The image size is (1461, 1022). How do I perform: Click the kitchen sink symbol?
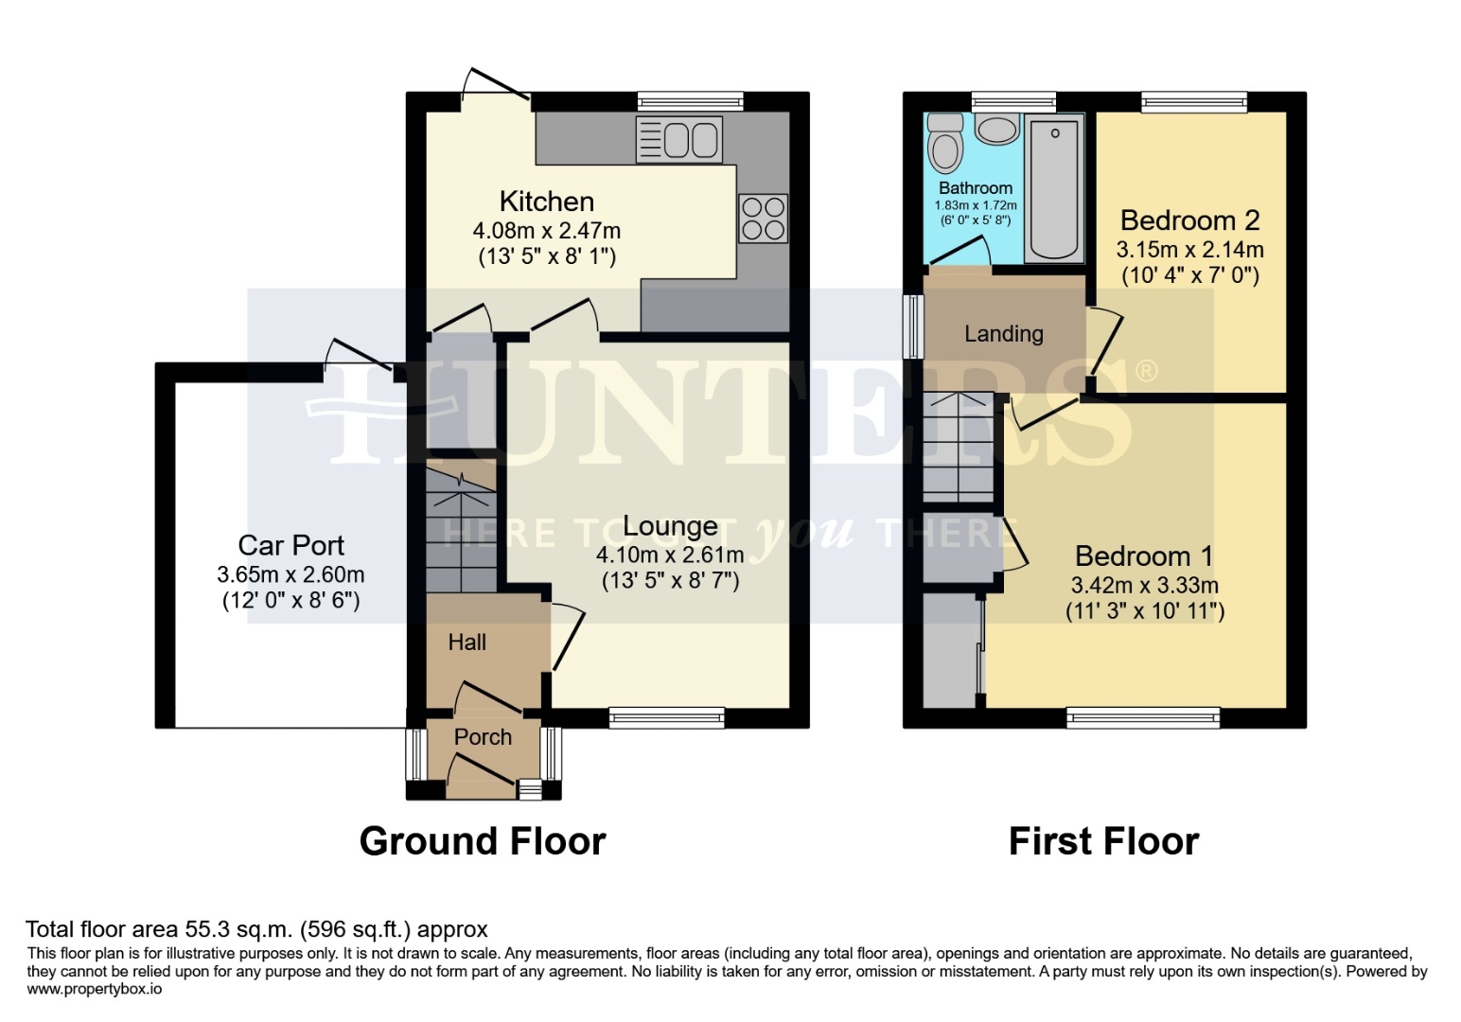(679, 140)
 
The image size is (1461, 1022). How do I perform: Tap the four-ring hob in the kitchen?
(763, 219)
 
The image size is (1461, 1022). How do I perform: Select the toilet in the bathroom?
(944, 142)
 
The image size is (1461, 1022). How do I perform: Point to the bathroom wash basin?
(996, 128)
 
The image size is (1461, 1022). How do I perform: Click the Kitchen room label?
(546, 202)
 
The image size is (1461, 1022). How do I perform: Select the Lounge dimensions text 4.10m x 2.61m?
(670, 555)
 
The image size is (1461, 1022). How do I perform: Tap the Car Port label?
(290, 545)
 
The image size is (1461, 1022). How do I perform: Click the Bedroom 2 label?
(1189, 220)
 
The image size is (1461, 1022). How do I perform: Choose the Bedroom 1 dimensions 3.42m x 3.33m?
(1144, 585)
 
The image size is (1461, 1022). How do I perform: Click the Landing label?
(1003, 333)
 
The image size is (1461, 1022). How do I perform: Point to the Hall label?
(466, 643)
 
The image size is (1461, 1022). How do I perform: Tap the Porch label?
(483, 737)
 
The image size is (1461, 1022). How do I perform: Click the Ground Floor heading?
(483, 840)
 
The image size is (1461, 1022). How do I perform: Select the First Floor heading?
(1103, 840)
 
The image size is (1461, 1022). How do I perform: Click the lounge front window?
(666, 718)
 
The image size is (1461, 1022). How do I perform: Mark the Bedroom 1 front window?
(1143, 718)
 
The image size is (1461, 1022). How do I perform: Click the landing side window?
(913, 326)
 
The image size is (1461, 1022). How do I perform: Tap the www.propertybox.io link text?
(94, 989)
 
